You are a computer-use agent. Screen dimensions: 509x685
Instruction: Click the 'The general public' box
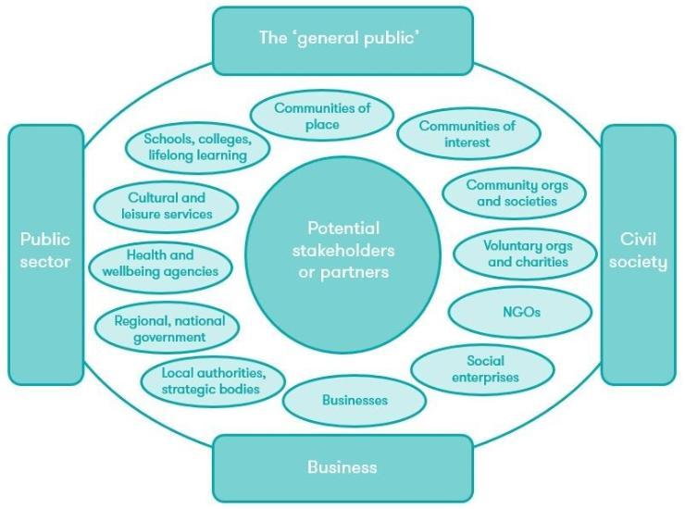point(342,38)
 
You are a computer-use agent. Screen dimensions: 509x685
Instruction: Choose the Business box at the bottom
point(342,467)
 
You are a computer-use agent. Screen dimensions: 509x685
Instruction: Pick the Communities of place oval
point(321,117)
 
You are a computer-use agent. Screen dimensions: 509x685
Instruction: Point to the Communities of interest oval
point(467,134)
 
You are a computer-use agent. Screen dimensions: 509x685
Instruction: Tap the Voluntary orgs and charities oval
point(525,254)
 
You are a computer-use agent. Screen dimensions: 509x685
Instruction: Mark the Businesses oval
point(355,401)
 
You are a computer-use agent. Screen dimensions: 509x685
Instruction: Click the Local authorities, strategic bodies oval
point(213,380)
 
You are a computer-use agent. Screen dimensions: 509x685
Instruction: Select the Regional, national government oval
point(167,329)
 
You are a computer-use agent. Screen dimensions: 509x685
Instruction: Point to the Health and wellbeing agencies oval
point(160,264)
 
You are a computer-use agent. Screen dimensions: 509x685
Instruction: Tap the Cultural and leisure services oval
point(167,205)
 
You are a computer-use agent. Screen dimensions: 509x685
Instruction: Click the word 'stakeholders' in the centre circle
point(342,250)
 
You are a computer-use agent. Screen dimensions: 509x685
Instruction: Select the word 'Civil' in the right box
point(639,240)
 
